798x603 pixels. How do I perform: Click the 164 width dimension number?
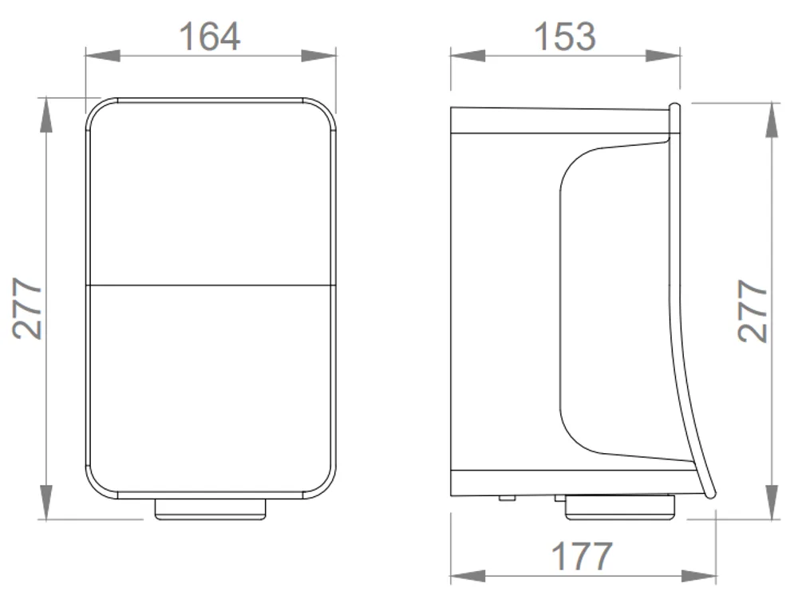click(x=209, y=36)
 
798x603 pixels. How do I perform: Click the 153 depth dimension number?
click(x=564, y=36)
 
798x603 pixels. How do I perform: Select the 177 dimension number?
click(x=582, y=556)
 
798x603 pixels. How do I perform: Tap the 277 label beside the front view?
click(x=28, y=309)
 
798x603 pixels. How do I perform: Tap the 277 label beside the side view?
click(x=753, y=311)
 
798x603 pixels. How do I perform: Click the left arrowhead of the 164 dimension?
click(x=103, y=56)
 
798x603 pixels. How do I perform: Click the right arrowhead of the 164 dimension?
click(x=318, y=56)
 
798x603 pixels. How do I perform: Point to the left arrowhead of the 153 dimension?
click(x=468, y=56)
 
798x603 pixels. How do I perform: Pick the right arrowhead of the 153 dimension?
click(x=663, y=56)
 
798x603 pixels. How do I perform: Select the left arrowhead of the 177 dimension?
click(x=468, y=577)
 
